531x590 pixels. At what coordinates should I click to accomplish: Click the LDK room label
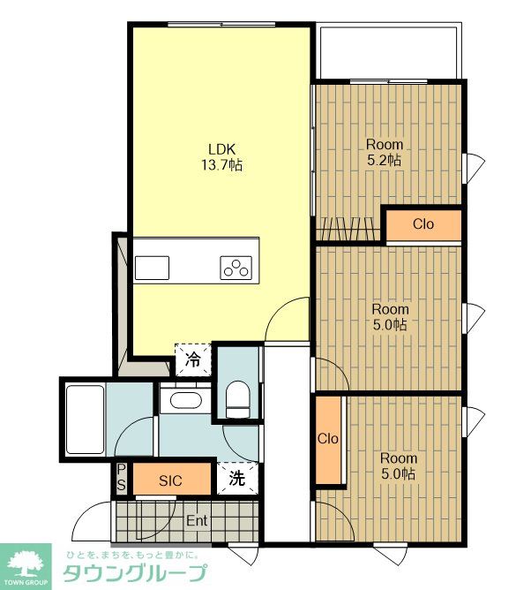(221, 149)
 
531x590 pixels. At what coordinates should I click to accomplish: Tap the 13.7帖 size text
(221, 165)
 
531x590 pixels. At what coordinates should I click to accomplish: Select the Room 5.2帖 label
(385, 153)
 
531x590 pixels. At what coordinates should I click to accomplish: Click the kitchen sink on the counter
(152, 268)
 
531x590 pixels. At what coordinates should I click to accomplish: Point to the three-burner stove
(236, 268)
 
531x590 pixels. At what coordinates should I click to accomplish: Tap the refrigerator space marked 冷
(193, 359)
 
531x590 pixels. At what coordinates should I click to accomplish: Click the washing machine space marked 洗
(237, 478)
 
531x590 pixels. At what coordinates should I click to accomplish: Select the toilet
(237, 399)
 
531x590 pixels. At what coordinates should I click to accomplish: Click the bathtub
(86, 420)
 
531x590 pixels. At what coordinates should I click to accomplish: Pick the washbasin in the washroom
(185, 399)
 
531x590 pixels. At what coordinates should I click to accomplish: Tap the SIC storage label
(170, 480)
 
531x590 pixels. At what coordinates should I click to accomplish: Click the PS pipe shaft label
(121, 477)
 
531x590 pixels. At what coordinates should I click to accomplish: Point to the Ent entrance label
(197, 521)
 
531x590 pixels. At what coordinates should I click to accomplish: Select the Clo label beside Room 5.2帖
(423, 224)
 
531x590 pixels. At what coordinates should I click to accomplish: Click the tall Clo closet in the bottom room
(328, 439)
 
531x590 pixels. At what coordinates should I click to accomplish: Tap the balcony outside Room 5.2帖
(389, 51)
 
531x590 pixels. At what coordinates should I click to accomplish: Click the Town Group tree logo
(26, 566)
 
